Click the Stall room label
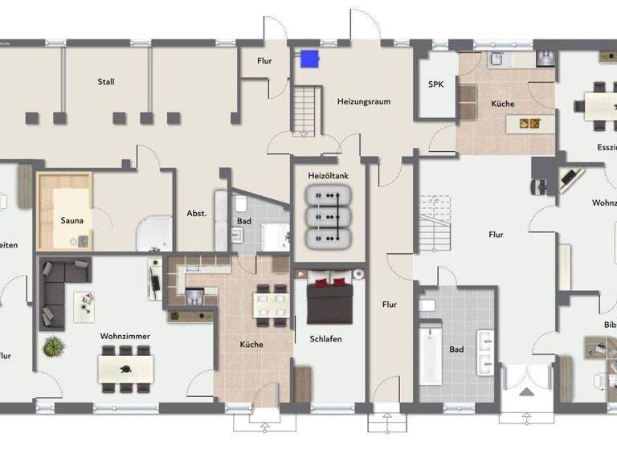(x=106, y=82)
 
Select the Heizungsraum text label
(x=363, y=103)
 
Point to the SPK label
(x=435, y=84)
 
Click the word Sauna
(x=73, y=219)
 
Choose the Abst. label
(x=197, y=214)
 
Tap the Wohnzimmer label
(x=125, y=337)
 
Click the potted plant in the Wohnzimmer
(x=53, y=347)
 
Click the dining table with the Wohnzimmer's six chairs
(x=126, y=369)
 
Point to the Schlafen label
(x=326, y=339)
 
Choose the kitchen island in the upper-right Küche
(x=529, y=124)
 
